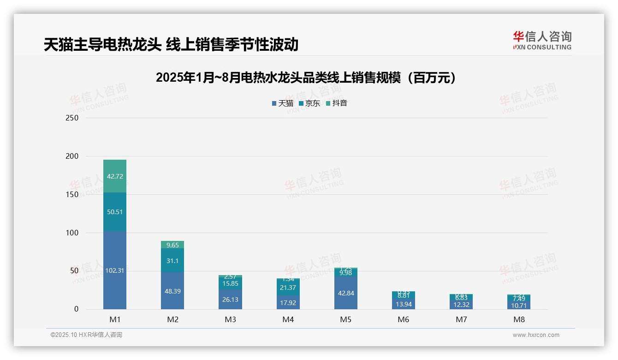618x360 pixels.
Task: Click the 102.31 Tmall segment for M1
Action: (114, 270)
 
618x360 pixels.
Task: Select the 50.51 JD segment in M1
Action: (114, 212)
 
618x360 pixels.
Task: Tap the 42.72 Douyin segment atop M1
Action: (114, 176)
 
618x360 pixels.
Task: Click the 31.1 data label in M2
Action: (172, 261)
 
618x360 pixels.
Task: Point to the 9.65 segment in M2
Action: (172, 245)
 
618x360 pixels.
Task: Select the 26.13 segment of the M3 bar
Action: (230, 300)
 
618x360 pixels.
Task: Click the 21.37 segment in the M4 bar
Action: (288, 288)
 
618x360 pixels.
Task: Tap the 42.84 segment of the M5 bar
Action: (345, 293)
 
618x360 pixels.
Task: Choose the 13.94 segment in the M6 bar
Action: (403, 304)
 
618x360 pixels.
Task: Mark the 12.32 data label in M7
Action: (461, 305)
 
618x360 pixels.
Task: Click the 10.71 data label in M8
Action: (519, 306)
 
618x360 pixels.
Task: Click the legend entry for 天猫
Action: (283, 103)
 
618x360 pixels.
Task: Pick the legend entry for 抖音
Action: (337, 103)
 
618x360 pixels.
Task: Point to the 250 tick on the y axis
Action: (72, 118)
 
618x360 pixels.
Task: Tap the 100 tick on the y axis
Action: (72, 233)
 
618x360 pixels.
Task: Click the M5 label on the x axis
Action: (345, 319)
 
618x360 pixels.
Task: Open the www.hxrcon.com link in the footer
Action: (536, 335)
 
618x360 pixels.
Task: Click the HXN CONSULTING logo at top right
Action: (542, 41)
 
